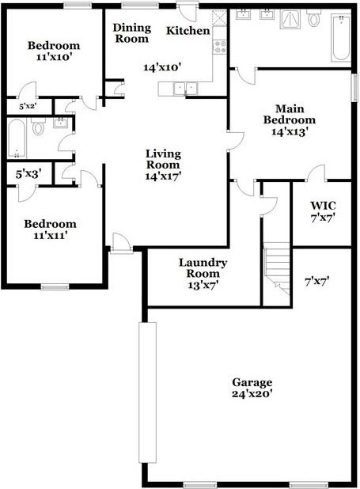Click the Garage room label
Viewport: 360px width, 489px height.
[252, 381]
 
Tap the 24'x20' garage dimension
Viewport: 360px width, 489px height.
[252, 393]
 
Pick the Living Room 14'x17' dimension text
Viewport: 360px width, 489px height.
[163, 177]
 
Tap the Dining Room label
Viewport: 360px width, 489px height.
[132, 32]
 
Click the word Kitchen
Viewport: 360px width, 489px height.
[188, 31]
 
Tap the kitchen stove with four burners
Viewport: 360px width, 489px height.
[220, 47]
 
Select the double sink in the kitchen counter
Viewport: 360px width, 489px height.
[183, 88]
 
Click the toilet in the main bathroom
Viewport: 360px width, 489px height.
[314, 18]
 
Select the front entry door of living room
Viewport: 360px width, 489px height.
[121, 244]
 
